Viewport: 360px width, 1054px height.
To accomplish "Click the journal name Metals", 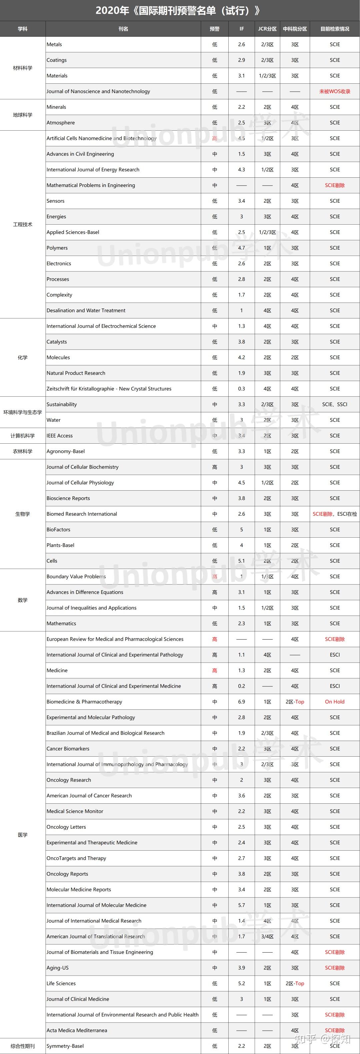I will click(x=54, y=45).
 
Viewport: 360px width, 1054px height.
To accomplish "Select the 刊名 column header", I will click(x=123, y=29).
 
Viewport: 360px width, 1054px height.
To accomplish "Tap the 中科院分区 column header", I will click(x=295, y=29).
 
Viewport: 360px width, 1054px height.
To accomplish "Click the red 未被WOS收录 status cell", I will click(x=335, y=92).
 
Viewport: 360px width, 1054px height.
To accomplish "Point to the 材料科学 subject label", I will click(x=23, y=68).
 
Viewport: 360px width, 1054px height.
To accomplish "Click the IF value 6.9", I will click(x=241, y=702).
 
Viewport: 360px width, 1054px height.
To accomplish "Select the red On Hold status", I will click(x=335, y=702).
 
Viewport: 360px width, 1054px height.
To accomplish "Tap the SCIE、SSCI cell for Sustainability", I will click(x=335, y=405).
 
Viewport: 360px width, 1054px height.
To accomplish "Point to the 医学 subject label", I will click(x=23, y=835).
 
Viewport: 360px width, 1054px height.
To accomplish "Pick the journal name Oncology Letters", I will click(x=66, y=827).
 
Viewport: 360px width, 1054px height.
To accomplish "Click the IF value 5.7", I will click(x=241, y=905).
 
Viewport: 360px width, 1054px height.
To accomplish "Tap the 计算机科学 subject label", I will click(x=23, y=436).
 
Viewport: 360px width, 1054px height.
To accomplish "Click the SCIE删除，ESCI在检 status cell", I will click(x=335, y=514).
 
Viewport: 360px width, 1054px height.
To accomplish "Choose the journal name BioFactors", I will click(x=59, y=529).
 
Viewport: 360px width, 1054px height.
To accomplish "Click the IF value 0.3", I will click(x=241, y=389).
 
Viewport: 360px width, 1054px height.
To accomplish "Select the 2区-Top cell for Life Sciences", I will click(x=295, y=984).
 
